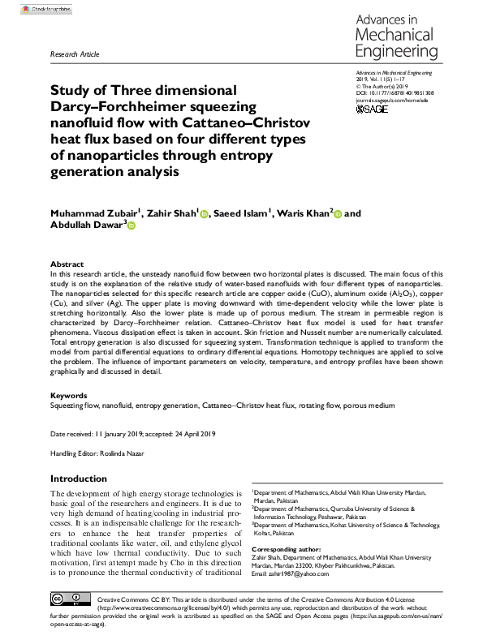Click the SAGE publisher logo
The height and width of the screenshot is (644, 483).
[373, 109]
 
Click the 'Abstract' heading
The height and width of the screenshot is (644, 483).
[67, 264]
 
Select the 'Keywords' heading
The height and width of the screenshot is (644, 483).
[69, 396]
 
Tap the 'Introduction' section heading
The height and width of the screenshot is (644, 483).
[84, 478]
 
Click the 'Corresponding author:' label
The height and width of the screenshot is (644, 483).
[287, 550]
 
